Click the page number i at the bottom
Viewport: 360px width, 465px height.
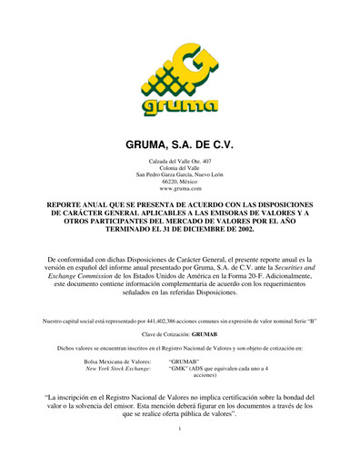click(180, 451)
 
